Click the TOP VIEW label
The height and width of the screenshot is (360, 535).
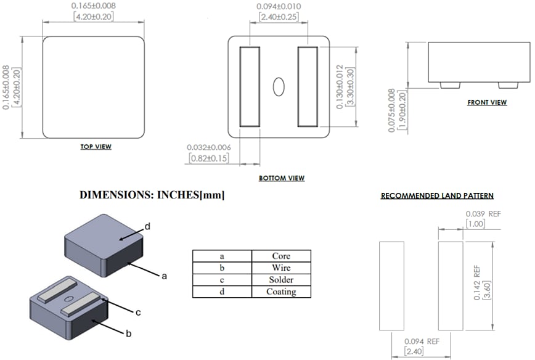(96, 147)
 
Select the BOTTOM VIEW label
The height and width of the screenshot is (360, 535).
(282, 178)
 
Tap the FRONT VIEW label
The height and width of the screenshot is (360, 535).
(487, 102)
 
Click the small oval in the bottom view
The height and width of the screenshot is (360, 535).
(279, 87)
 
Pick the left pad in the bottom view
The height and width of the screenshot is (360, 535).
(250, 86)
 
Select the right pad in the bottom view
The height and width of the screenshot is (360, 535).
(307, 86)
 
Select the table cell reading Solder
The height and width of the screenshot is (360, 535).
(281, 280)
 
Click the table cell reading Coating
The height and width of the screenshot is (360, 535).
(281, 292)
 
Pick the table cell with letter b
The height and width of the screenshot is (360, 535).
(222, 268)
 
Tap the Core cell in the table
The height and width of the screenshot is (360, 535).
(281, 256)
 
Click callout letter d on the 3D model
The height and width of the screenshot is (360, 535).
(147, 227)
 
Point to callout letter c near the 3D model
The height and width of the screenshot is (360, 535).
(138, 312)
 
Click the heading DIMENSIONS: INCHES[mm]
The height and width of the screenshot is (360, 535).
(152, 195)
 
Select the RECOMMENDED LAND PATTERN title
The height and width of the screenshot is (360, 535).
(437, 196)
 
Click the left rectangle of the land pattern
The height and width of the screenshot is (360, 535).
(391, 286)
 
